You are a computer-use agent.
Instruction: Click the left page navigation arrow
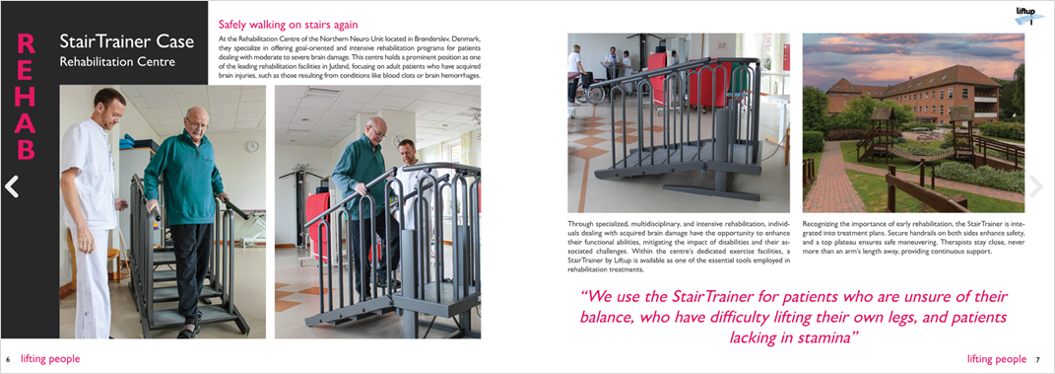(x=12, y=187)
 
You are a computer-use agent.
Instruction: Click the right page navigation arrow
(x=1035, y=187)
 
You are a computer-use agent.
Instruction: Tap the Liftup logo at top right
(x=1029, y=14)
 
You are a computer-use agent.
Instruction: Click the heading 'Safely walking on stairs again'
(x=287, y=24)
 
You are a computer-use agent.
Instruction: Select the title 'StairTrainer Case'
(x=118, y=42)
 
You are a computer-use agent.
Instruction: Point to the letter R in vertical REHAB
(x=27, y=44)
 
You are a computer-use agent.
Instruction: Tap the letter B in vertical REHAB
(x=27, y=150)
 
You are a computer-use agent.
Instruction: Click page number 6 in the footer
(x=8, y=360)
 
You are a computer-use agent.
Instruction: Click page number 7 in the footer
(x=1037, y=360)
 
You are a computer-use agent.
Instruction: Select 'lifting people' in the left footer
(x=50, y=359)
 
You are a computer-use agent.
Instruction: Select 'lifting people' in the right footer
(x=996, y=359)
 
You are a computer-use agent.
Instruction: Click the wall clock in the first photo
(x=252, y=145)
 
